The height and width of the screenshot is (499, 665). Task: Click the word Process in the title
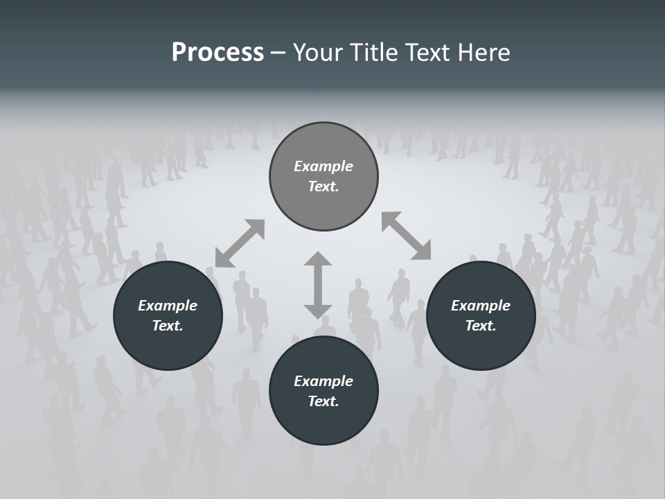pos(218,53)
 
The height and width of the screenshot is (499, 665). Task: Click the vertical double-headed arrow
pos(318,286)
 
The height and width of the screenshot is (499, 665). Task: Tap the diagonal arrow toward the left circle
pos(240,243)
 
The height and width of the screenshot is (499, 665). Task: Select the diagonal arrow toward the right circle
pos(407,236)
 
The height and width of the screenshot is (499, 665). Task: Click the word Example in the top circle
pos(323,166)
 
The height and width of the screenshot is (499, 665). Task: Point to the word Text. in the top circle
pos(323,186)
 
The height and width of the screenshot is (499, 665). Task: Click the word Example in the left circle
pos(168,306)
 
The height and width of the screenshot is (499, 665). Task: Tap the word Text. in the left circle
pos(168,326)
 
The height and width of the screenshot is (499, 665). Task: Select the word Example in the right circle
pos(481,306)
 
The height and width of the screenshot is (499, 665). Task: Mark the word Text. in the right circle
pos(481,326)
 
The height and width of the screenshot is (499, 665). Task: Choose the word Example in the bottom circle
pos(323,381)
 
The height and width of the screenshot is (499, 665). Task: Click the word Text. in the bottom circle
pos(323,401)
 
